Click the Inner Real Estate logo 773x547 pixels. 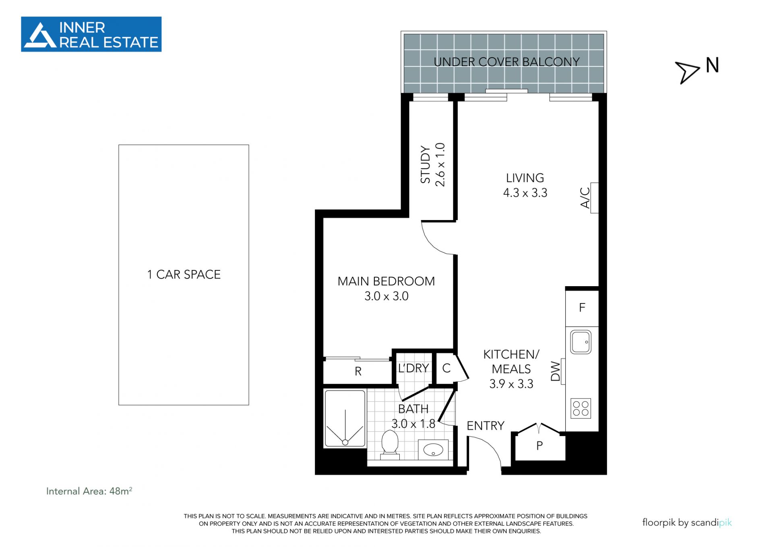point(91,34)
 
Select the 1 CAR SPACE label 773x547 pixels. point(184,275)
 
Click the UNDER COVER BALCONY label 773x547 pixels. point(506,62)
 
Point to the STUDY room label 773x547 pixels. point(426,164)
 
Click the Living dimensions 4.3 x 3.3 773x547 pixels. point(525,193)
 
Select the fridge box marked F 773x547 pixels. point(582,308)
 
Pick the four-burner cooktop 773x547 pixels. point(581,408)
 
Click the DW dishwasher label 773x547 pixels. point(556,371)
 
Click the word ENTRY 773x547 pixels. point(486,426)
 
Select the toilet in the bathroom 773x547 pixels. point(390,445)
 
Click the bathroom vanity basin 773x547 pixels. point(433,449)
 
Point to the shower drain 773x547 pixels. point(345,442)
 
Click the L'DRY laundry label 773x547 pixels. point(413,368)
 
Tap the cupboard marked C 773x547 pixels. point(446,368)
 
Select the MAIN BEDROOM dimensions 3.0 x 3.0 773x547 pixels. point(386,296)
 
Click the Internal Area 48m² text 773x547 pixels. point(89,491)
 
